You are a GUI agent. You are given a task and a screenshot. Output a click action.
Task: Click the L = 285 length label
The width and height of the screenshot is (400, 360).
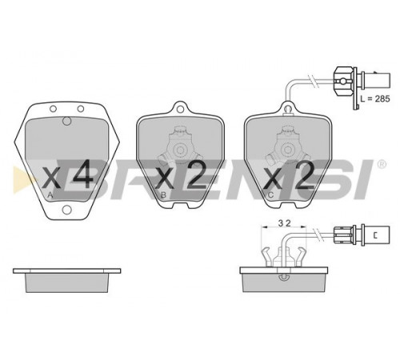point(375,98)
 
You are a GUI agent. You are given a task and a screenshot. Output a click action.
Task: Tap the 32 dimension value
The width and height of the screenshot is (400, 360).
point(284,223)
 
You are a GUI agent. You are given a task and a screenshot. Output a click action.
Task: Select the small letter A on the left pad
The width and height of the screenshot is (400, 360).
point(50,195)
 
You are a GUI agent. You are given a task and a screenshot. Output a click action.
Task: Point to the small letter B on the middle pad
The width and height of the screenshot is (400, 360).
point(163,195)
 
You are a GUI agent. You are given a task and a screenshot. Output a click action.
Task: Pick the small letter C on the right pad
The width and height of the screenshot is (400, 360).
point(270,195)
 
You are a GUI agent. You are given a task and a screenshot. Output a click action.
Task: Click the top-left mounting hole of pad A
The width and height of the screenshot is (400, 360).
point(53,109)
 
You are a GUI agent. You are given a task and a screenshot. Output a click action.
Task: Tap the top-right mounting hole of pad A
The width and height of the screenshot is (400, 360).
point(81,109)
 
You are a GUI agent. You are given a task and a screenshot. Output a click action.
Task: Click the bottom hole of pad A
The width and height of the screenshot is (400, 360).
point(66,210)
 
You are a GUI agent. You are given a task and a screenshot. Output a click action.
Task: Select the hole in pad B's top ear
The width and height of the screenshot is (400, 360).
point(180,109)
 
